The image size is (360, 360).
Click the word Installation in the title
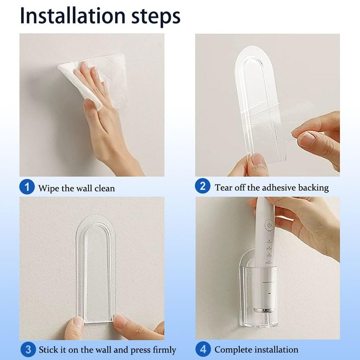coord(72,16)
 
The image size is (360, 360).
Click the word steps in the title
coord(156,17)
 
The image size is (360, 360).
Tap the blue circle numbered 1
coord(27,187)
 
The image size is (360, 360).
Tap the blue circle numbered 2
coord(202,186)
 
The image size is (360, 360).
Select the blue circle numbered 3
coord(28,350)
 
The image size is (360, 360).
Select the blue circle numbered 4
coord(203,349)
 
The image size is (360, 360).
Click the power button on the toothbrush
coord(269,225)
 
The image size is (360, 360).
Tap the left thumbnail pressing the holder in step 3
coord(78,322)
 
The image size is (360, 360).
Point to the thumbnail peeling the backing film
coord(306,139)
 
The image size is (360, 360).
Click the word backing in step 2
coord(313,188)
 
